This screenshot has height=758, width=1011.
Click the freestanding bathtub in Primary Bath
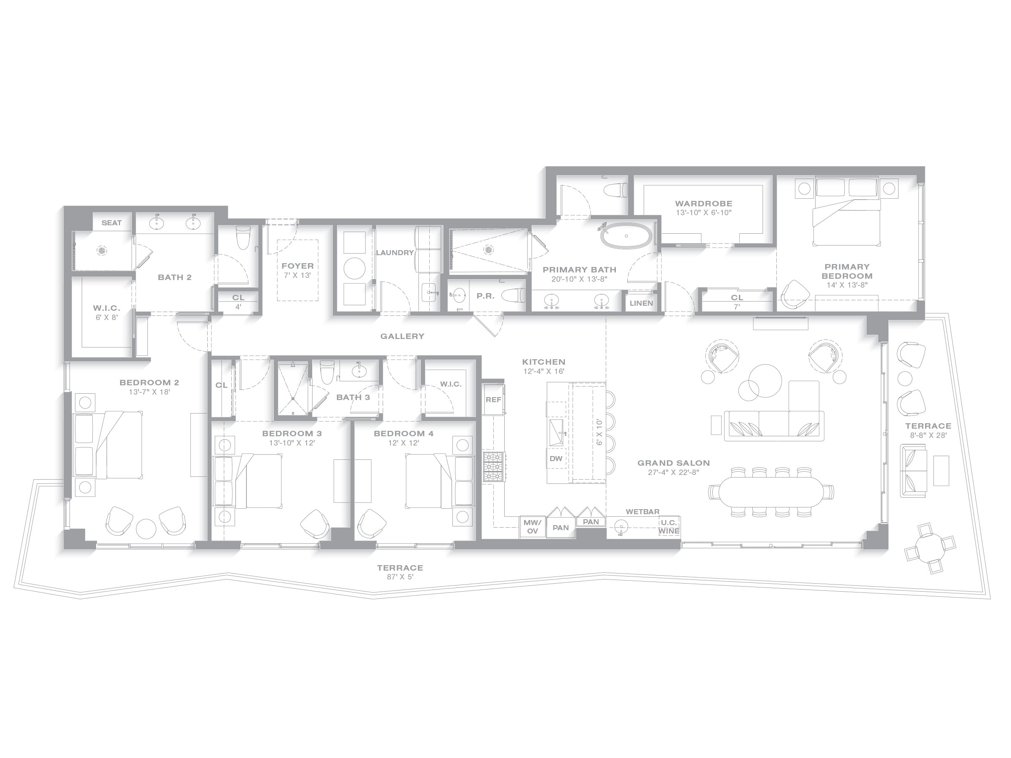(x=626, y=236)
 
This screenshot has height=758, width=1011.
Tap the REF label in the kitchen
(x=493, y=400)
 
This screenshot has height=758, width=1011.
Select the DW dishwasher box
(x=556, y=459)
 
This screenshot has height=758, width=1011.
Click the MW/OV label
(x=532, y=527)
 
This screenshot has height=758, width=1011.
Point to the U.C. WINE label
(x=669, y=527)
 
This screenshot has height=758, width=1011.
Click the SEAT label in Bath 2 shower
(x=112, y=223)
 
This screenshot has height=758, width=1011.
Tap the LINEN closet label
(x=641, y=303)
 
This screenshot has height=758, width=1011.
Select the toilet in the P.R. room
(x=513, y=296)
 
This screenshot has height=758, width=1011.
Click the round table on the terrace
(x=929, y=548)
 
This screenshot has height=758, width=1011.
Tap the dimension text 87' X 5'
(x=400, y=577)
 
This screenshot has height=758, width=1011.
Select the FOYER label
(x=297, y=266)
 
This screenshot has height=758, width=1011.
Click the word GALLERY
(x=402, y=336)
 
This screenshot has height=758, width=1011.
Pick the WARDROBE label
(x=703, y=204)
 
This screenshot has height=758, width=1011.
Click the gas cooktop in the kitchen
(x=494, y=467)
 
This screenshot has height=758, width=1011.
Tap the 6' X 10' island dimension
(x=599, y=432)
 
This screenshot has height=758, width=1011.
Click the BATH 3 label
(x=353, y=398)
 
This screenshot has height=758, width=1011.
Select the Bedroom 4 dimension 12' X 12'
(x=404, y=443)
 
